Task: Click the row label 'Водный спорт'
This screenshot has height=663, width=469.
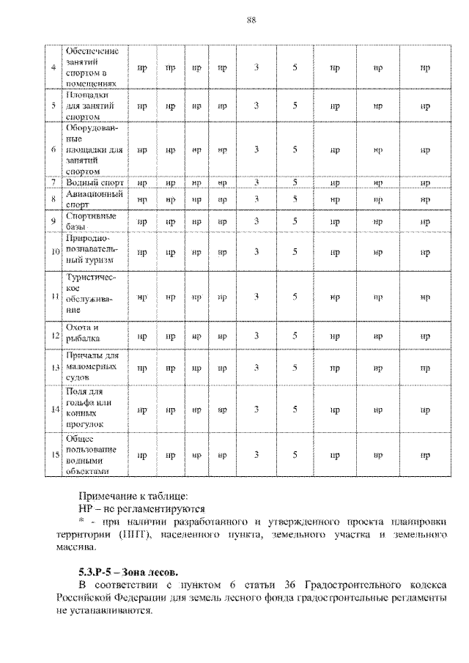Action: pos(95,182)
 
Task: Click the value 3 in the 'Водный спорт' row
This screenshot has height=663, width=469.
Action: pos(256,182)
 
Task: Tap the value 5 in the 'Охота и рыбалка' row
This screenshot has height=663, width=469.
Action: pos(294,336)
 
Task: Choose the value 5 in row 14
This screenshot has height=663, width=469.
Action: pos(294,410)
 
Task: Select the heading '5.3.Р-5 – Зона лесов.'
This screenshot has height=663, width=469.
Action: pos(128,572)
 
